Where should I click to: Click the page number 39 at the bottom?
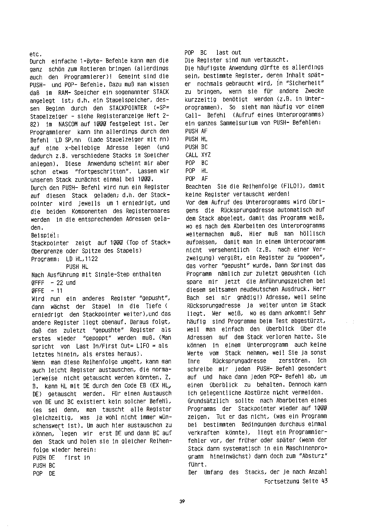(x=182, y=502)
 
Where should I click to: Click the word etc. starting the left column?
(x=35, y=54)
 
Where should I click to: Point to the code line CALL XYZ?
(x=198, y=155)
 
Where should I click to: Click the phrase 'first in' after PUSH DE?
(x=77, y=458)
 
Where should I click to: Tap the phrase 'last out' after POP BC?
(x=228, y=53)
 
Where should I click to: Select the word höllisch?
(x=312, y=234)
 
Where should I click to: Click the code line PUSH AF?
(x=196, y=131)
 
